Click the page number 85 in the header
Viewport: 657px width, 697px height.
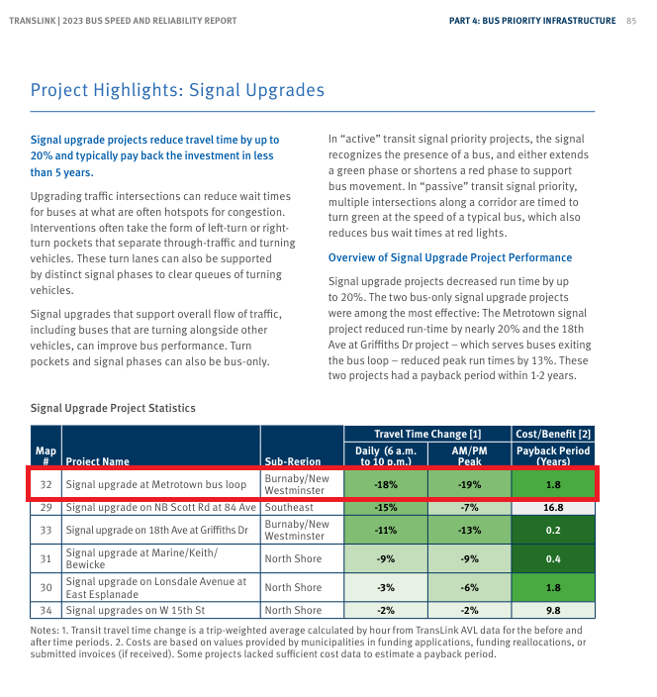[630, 21]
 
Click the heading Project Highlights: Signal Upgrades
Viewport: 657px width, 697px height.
[177, 91]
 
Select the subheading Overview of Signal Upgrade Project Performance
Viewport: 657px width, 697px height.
[449, 257]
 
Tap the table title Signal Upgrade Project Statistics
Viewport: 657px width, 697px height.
[113, 408]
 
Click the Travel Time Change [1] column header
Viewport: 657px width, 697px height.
[427, 435]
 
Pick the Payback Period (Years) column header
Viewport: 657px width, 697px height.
[554, 455]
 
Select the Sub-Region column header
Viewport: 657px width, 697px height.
[293, 461]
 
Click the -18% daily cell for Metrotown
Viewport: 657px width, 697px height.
[386, 485]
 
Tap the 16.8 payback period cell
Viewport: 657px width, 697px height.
[553, 508]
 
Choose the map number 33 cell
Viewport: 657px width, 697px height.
[46, 530]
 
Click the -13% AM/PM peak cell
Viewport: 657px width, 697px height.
[469, 530]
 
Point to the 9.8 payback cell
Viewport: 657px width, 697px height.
[553, 611]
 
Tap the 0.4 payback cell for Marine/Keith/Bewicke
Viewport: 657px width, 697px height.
[553, 558]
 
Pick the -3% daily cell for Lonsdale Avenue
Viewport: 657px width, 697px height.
[386, 587]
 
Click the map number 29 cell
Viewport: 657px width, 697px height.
[46, 508]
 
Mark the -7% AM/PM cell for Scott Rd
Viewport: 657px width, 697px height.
[469, 508]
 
